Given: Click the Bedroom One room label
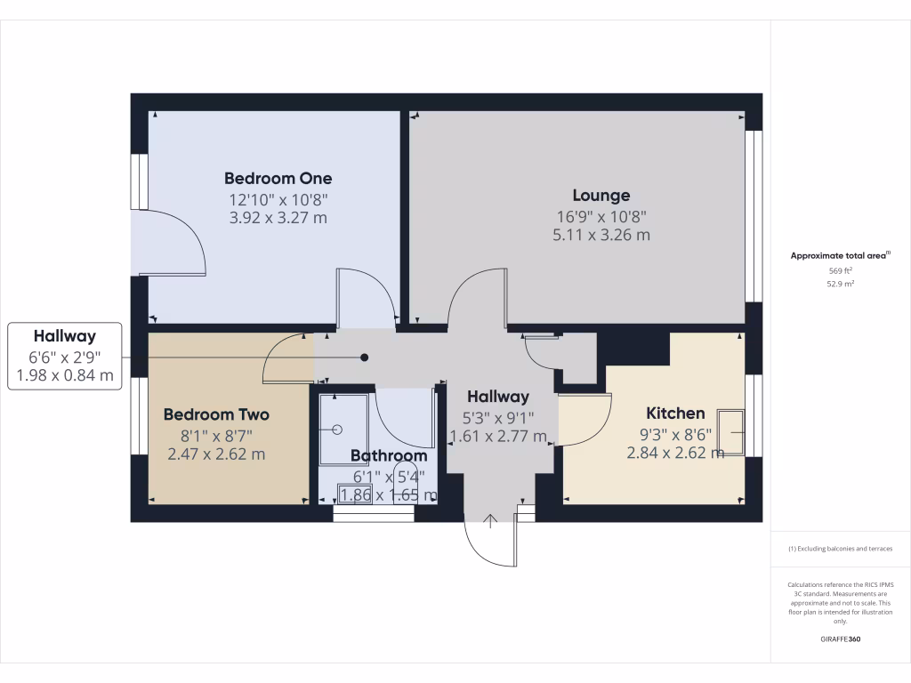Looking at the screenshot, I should click(278, 179).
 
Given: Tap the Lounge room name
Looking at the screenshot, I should click(601, 196).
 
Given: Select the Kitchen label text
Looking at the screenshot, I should click(674, 414).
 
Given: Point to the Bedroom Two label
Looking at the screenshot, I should click(216, 414).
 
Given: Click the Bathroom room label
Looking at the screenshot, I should click(388, 455).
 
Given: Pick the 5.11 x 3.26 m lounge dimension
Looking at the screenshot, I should click(601, 236).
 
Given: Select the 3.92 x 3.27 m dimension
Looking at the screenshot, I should click(278, 218).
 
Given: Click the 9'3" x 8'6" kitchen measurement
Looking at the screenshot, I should click(674, 435).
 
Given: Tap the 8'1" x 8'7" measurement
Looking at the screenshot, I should click(216, 436).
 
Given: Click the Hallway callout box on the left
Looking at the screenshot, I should click(65, 356).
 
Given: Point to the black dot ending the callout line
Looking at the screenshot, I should click(364, 358).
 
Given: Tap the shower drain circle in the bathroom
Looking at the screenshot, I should click(337, 430).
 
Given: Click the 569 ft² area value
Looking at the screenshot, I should click(841, 270).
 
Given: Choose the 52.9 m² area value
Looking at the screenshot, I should click(841, 285).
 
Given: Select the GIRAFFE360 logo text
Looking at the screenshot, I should click(841, 639).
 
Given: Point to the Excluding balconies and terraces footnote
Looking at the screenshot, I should click(841, 549).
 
